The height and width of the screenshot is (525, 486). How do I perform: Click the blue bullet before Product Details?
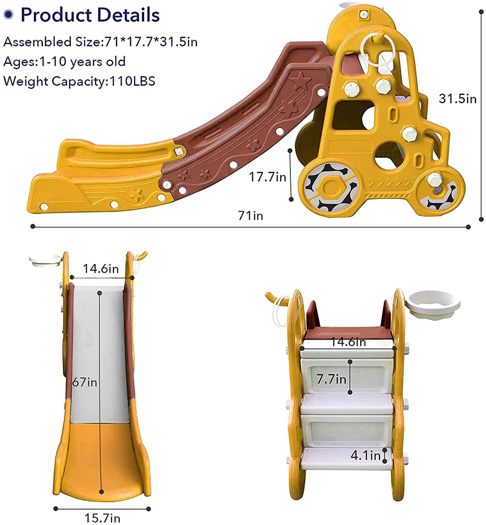8,14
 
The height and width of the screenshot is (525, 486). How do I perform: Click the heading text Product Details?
90,15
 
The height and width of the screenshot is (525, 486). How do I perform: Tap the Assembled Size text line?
100,42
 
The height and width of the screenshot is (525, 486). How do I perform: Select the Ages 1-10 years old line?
64,62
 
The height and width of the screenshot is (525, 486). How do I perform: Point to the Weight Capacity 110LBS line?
79,81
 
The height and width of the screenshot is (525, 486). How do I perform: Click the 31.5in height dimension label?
457,99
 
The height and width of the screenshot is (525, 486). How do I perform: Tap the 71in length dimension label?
251,216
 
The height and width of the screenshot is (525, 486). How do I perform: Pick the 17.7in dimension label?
267,177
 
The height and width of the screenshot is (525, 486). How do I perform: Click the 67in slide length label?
85,382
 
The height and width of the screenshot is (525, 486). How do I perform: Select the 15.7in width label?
102,518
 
